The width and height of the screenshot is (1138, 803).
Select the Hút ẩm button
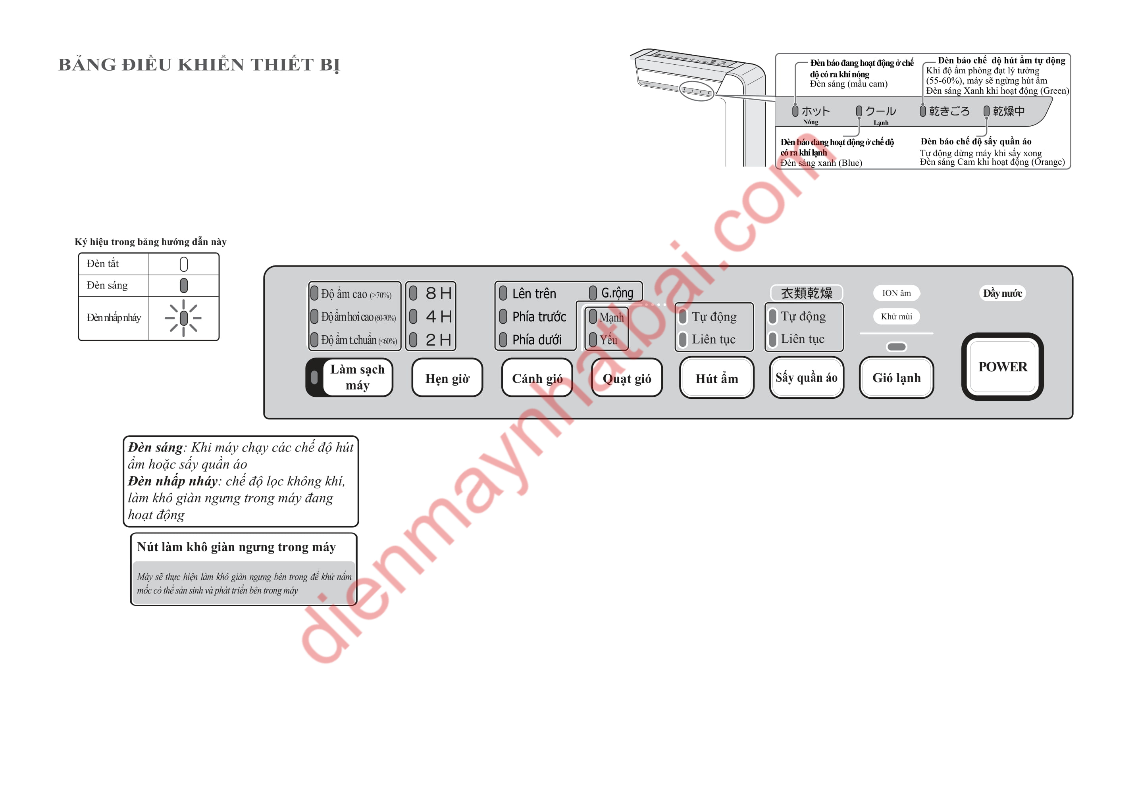(717, 378)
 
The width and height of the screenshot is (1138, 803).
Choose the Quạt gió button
(627, 378)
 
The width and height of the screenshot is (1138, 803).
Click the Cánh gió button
(537, 378)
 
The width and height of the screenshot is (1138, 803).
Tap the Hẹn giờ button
(447, 378)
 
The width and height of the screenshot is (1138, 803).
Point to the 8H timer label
(439, 293)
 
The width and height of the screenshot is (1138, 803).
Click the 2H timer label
(439, 340)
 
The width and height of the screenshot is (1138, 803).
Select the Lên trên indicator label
(534, 294)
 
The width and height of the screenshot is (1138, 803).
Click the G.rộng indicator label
(617, 293)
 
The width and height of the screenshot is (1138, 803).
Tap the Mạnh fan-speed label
(612, 317)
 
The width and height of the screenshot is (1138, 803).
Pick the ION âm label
(896, 293)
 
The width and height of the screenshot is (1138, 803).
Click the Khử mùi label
(896, 316)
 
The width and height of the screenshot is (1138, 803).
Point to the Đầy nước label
(1002, 293)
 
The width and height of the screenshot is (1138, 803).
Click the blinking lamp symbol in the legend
(183, 318)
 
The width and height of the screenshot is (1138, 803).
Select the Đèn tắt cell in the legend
(114, 263)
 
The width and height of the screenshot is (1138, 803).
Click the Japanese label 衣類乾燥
(807, 293)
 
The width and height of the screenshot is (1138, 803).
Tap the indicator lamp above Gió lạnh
(896, 347)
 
